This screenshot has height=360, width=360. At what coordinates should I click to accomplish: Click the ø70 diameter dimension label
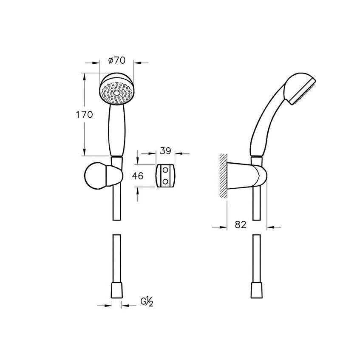point(117,60)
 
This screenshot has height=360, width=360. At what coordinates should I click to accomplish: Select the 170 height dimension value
point(84,115)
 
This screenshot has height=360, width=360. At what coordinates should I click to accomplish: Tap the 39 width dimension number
point(165,151)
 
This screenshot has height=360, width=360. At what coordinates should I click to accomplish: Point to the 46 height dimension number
point(138,176)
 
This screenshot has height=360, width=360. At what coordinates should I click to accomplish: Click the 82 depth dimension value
point(241,224)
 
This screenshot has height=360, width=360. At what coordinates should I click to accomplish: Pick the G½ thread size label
point(147,302)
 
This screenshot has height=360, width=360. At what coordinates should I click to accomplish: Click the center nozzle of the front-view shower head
point(116,93)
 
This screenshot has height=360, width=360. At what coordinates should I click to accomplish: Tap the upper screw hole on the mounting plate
point(165,170)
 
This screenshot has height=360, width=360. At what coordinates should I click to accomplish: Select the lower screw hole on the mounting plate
point(165,181)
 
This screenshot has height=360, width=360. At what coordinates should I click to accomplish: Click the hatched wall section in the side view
point(223,176)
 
